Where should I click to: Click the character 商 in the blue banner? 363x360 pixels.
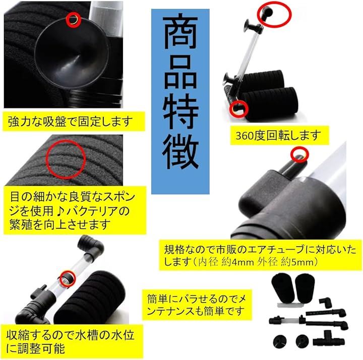tap(180, 33)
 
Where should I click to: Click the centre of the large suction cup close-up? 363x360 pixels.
tap(72, 55)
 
